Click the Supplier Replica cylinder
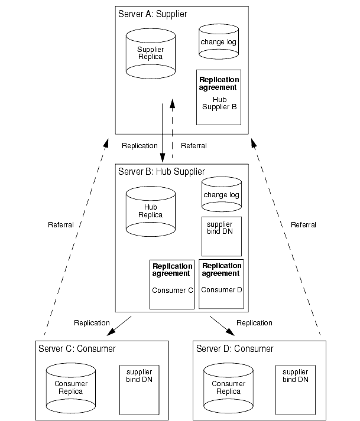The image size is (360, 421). [x=150, y=53]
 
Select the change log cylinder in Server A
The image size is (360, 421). [x=218, y=42]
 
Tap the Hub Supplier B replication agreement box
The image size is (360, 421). [x=219, y=97]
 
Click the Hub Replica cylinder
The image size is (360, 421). [x=150, y=211]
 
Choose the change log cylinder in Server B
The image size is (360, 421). [x=221, y=194]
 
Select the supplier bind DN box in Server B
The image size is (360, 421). [x=220, y=234]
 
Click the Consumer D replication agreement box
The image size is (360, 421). [x=221, y=283]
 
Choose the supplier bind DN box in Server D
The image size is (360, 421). [x=295, y=389]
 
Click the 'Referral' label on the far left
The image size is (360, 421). [x=61, y=225]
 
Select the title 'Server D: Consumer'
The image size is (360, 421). [x=234, y=349]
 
